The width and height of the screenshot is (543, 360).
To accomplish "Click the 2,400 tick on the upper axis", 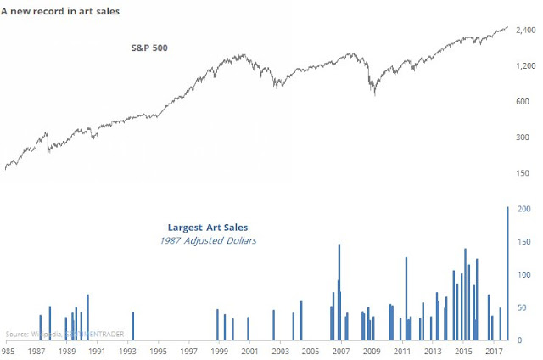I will pos(525,30).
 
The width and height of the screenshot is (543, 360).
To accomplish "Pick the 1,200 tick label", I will pos(525,65).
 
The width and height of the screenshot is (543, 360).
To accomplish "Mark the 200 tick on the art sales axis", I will pos(524,209).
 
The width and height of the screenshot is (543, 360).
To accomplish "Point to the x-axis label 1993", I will pos(127,351).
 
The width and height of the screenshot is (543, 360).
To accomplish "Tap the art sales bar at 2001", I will pos(248,329).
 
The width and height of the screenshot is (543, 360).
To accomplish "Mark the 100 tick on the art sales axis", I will pos(524,275).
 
